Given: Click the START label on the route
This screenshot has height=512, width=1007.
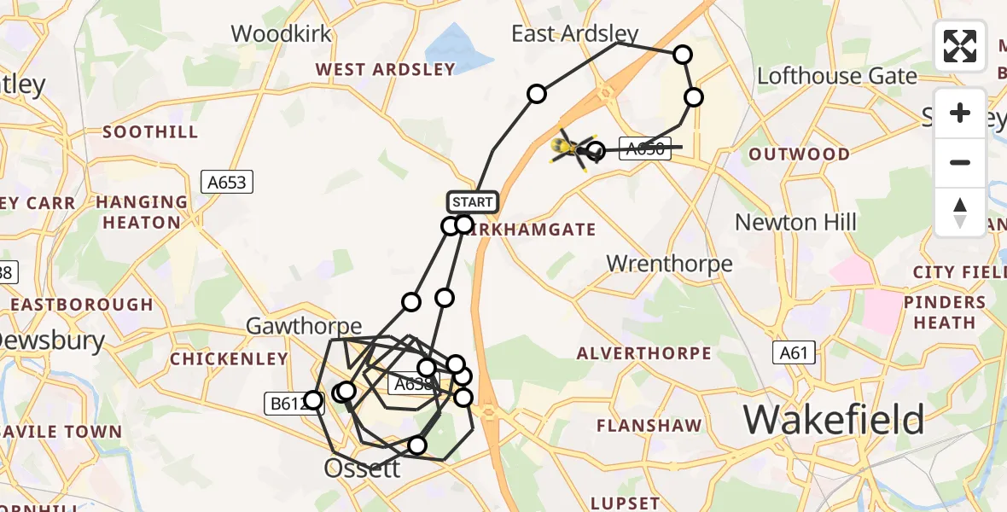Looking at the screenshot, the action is coord(473,202).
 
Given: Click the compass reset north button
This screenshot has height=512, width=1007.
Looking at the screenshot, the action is coord(960,212).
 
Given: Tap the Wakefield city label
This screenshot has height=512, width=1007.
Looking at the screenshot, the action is coord(834,420).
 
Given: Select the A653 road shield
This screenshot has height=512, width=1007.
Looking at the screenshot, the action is coord(228,182).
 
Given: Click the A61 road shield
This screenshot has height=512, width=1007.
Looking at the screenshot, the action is coord(795,352).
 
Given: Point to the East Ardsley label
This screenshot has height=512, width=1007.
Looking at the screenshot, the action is coord(574,33).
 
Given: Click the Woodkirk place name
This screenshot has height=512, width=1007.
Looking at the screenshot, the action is coord(281,33).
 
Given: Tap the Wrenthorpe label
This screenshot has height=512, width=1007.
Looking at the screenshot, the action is coord(669,264).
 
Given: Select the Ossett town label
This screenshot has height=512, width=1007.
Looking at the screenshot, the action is coord(362,468).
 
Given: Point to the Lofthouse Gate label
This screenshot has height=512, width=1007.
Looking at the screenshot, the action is coord(837,76).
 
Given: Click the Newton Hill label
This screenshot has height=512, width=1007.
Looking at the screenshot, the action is coord(795,222).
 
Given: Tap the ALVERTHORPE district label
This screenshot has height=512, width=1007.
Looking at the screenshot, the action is coord(643,353).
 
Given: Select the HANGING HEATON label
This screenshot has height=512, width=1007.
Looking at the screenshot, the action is coord(142,212).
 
